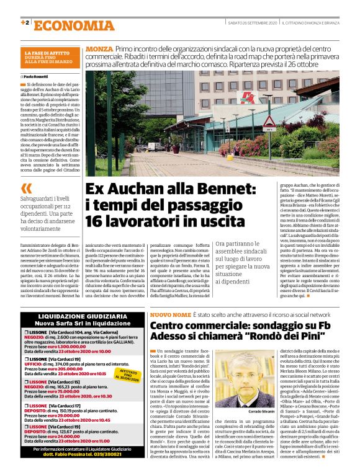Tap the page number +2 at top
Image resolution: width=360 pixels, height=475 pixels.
tap(25, 23)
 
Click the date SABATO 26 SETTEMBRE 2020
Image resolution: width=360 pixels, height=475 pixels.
tap(252, 23)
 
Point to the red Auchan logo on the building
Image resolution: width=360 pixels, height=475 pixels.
tap(248, 97)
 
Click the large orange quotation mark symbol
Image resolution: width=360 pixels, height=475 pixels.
tap(25, 189)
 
